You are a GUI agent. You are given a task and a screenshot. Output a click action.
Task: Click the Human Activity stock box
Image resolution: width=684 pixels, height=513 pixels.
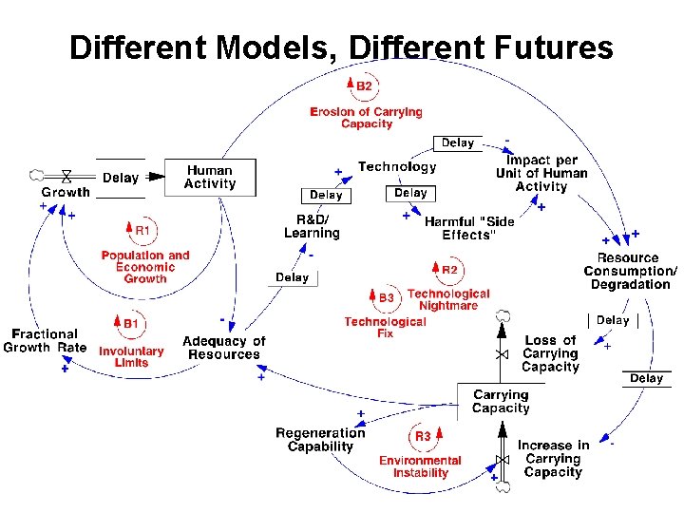coord(210,178)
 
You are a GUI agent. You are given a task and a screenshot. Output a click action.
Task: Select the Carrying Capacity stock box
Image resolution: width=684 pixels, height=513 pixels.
coord(501,402)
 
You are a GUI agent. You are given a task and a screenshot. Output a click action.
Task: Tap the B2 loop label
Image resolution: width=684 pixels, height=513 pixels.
coord(363,86)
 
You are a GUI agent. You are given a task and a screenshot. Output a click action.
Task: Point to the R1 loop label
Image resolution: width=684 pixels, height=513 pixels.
coord(141,230)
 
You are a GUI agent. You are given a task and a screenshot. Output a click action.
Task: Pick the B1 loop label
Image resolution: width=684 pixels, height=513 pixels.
coord(129,325)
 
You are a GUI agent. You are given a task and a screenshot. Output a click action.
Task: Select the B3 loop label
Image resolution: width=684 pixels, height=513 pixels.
coord(385,297)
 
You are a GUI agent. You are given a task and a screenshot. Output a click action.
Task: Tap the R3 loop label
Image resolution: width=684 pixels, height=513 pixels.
coord(422,437)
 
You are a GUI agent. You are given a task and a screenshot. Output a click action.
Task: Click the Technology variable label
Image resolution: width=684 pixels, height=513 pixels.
coord(397,167)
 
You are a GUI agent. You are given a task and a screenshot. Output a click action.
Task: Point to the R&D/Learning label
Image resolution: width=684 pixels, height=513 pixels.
coord(312,227)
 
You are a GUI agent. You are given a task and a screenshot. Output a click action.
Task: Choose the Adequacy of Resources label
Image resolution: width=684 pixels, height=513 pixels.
coord(224,348)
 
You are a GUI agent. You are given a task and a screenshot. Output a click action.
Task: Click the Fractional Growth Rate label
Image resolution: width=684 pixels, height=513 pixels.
coord(45,341)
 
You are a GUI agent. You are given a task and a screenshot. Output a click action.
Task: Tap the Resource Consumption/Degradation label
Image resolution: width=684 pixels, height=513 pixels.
coord(631,272)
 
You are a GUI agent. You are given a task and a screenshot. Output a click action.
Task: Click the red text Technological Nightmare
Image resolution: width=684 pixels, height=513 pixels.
coord(448,300)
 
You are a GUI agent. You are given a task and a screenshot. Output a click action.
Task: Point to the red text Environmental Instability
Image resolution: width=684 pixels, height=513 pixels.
coord(420,466)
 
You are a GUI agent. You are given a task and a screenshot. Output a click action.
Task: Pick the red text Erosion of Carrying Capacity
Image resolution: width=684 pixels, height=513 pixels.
coord(366,118)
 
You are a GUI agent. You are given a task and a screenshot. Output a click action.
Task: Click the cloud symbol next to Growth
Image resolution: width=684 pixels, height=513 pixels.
coord(37,175)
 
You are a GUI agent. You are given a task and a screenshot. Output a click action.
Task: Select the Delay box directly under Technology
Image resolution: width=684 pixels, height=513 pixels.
coord(410,193)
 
